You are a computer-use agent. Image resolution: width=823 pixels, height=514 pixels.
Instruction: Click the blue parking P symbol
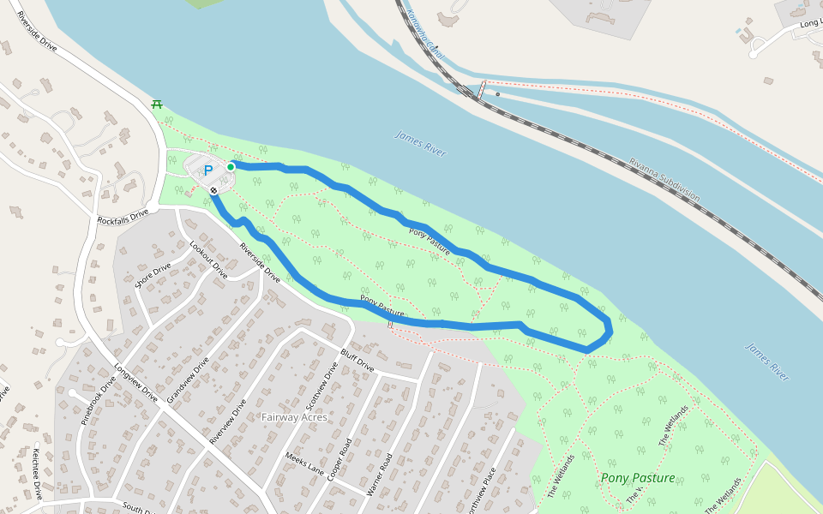[207, 171]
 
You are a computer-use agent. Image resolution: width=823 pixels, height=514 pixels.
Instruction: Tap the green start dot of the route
[231, 167]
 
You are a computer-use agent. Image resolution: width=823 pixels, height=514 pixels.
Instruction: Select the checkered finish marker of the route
[213, 190]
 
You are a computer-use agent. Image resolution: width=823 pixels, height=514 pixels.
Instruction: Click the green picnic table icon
[156, 104]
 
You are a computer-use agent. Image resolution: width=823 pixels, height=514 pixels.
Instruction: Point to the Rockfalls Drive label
[123, 217]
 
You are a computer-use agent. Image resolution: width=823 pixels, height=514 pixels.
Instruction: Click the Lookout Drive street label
[208, 260]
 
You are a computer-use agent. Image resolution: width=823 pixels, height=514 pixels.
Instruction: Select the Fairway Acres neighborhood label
[294, 417]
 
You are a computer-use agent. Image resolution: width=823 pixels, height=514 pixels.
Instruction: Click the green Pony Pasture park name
[638, 478]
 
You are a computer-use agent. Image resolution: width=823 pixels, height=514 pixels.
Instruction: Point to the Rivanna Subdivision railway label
[664, 180]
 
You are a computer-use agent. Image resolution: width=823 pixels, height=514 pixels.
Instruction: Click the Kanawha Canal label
[425, 34]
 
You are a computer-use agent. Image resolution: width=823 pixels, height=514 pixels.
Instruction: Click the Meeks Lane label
[304, 463]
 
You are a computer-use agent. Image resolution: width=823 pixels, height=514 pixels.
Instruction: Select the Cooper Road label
[339, 460]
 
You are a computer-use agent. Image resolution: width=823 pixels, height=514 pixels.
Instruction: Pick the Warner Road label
[378, 474]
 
